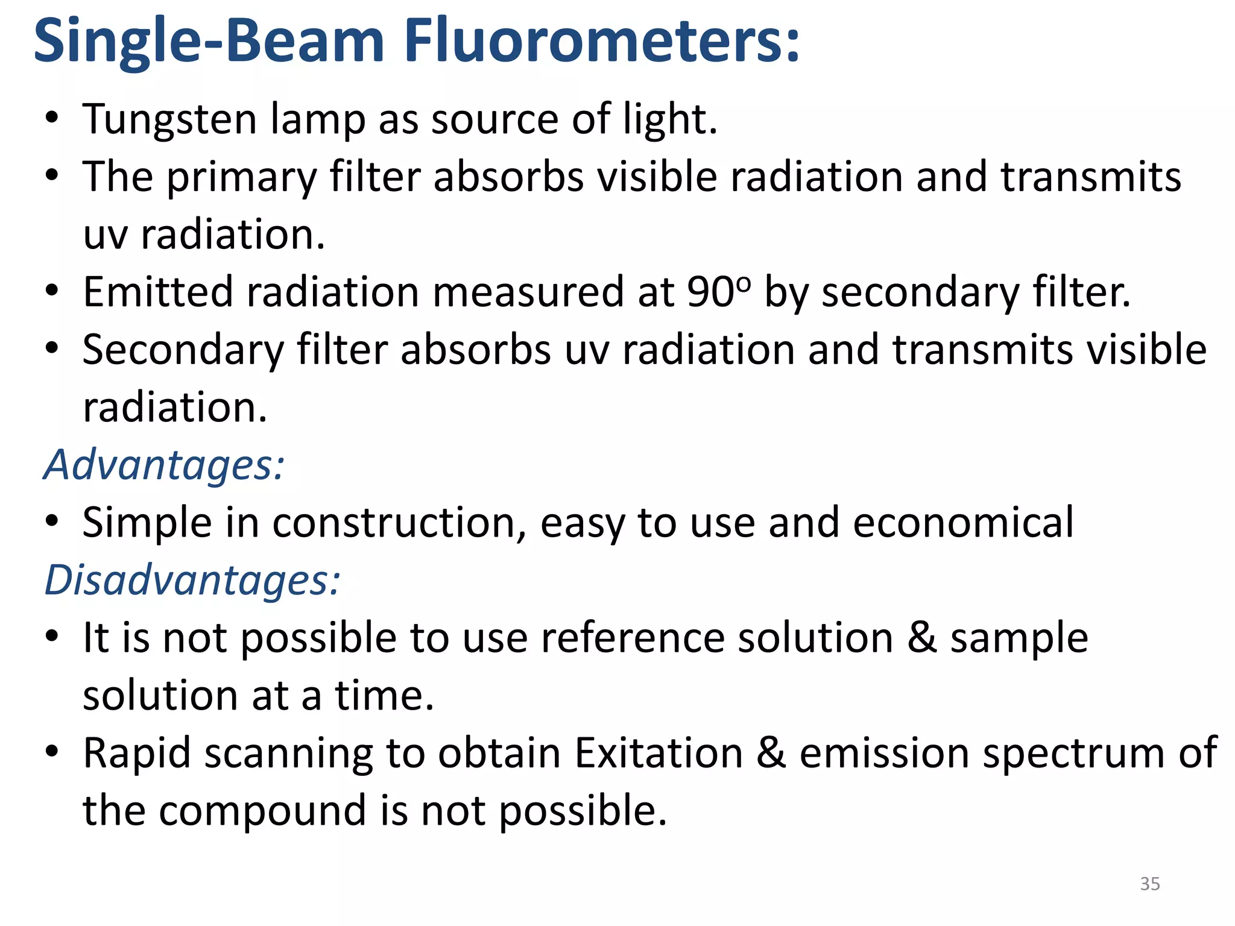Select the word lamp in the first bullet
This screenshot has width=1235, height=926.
[318, 119]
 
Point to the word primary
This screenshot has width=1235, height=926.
[241, 177]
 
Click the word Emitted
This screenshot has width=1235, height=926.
[158, 292]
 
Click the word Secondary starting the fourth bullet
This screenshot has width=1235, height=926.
[183, 350]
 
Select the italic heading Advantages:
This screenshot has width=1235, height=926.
[165, 465]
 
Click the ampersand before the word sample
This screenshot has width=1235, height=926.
[922, 638]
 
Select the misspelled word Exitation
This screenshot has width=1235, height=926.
[659, 753]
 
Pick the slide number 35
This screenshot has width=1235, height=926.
[1150, 884]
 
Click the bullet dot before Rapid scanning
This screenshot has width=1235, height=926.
[52, 752]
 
